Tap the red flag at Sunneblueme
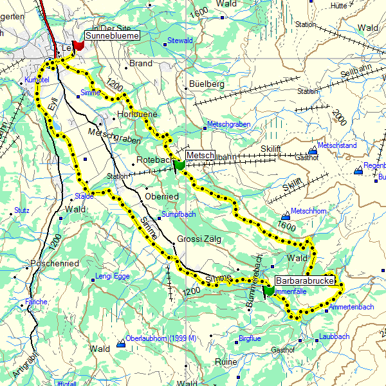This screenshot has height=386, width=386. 78,46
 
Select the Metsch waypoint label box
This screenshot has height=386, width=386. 199,155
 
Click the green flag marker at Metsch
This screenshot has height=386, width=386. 178,166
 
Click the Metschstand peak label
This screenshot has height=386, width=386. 337,146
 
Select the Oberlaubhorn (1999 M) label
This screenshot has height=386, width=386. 161,338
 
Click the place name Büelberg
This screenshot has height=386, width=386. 207,84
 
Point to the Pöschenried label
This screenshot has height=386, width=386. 55,264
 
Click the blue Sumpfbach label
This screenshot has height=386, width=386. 178,214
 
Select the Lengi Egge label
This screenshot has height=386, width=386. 113,277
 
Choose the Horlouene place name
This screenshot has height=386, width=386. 137,113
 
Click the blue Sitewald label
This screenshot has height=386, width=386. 180,41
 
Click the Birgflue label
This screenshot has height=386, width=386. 250,338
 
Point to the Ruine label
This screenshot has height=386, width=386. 226,362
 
